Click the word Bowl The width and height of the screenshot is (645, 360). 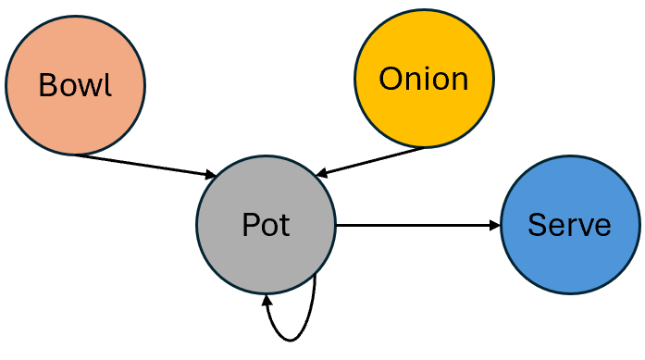point(75,85)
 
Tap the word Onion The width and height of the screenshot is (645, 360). point(424,80)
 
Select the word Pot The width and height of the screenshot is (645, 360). point(266,225)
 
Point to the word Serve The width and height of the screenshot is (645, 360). point(569,225)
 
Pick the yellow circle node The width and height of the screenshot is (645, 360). point(424,111)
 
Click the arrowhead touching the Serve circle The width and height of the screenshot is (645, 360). point(493,225)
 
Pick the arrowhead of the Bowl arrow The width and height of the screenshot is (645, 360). point(211,174)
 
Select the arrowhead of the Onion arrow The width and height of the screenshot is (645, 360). point(321,172)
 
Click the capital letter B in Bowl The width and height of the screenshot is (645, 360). point(47,85)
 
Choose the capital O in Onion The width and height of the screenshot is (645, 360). point(391,80)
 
